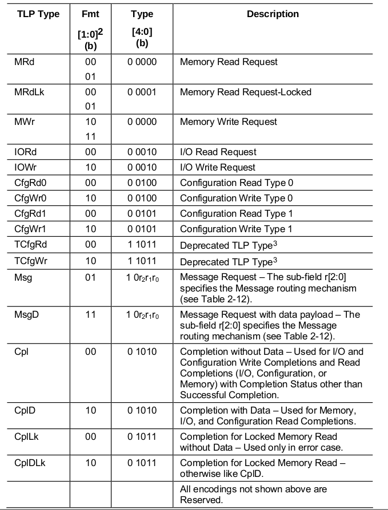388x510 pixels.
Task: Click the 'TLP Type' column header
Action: tap(37, 14)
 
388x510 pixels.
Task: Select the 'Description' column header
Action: tap(273, 14)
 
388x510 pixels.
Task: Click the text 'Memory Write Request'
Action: tap(229, 122)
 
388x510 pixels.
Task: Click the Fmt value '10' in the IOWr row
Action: tap(90, 168)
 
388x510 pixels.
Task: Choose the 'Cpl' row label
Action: tap(21, 352)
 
